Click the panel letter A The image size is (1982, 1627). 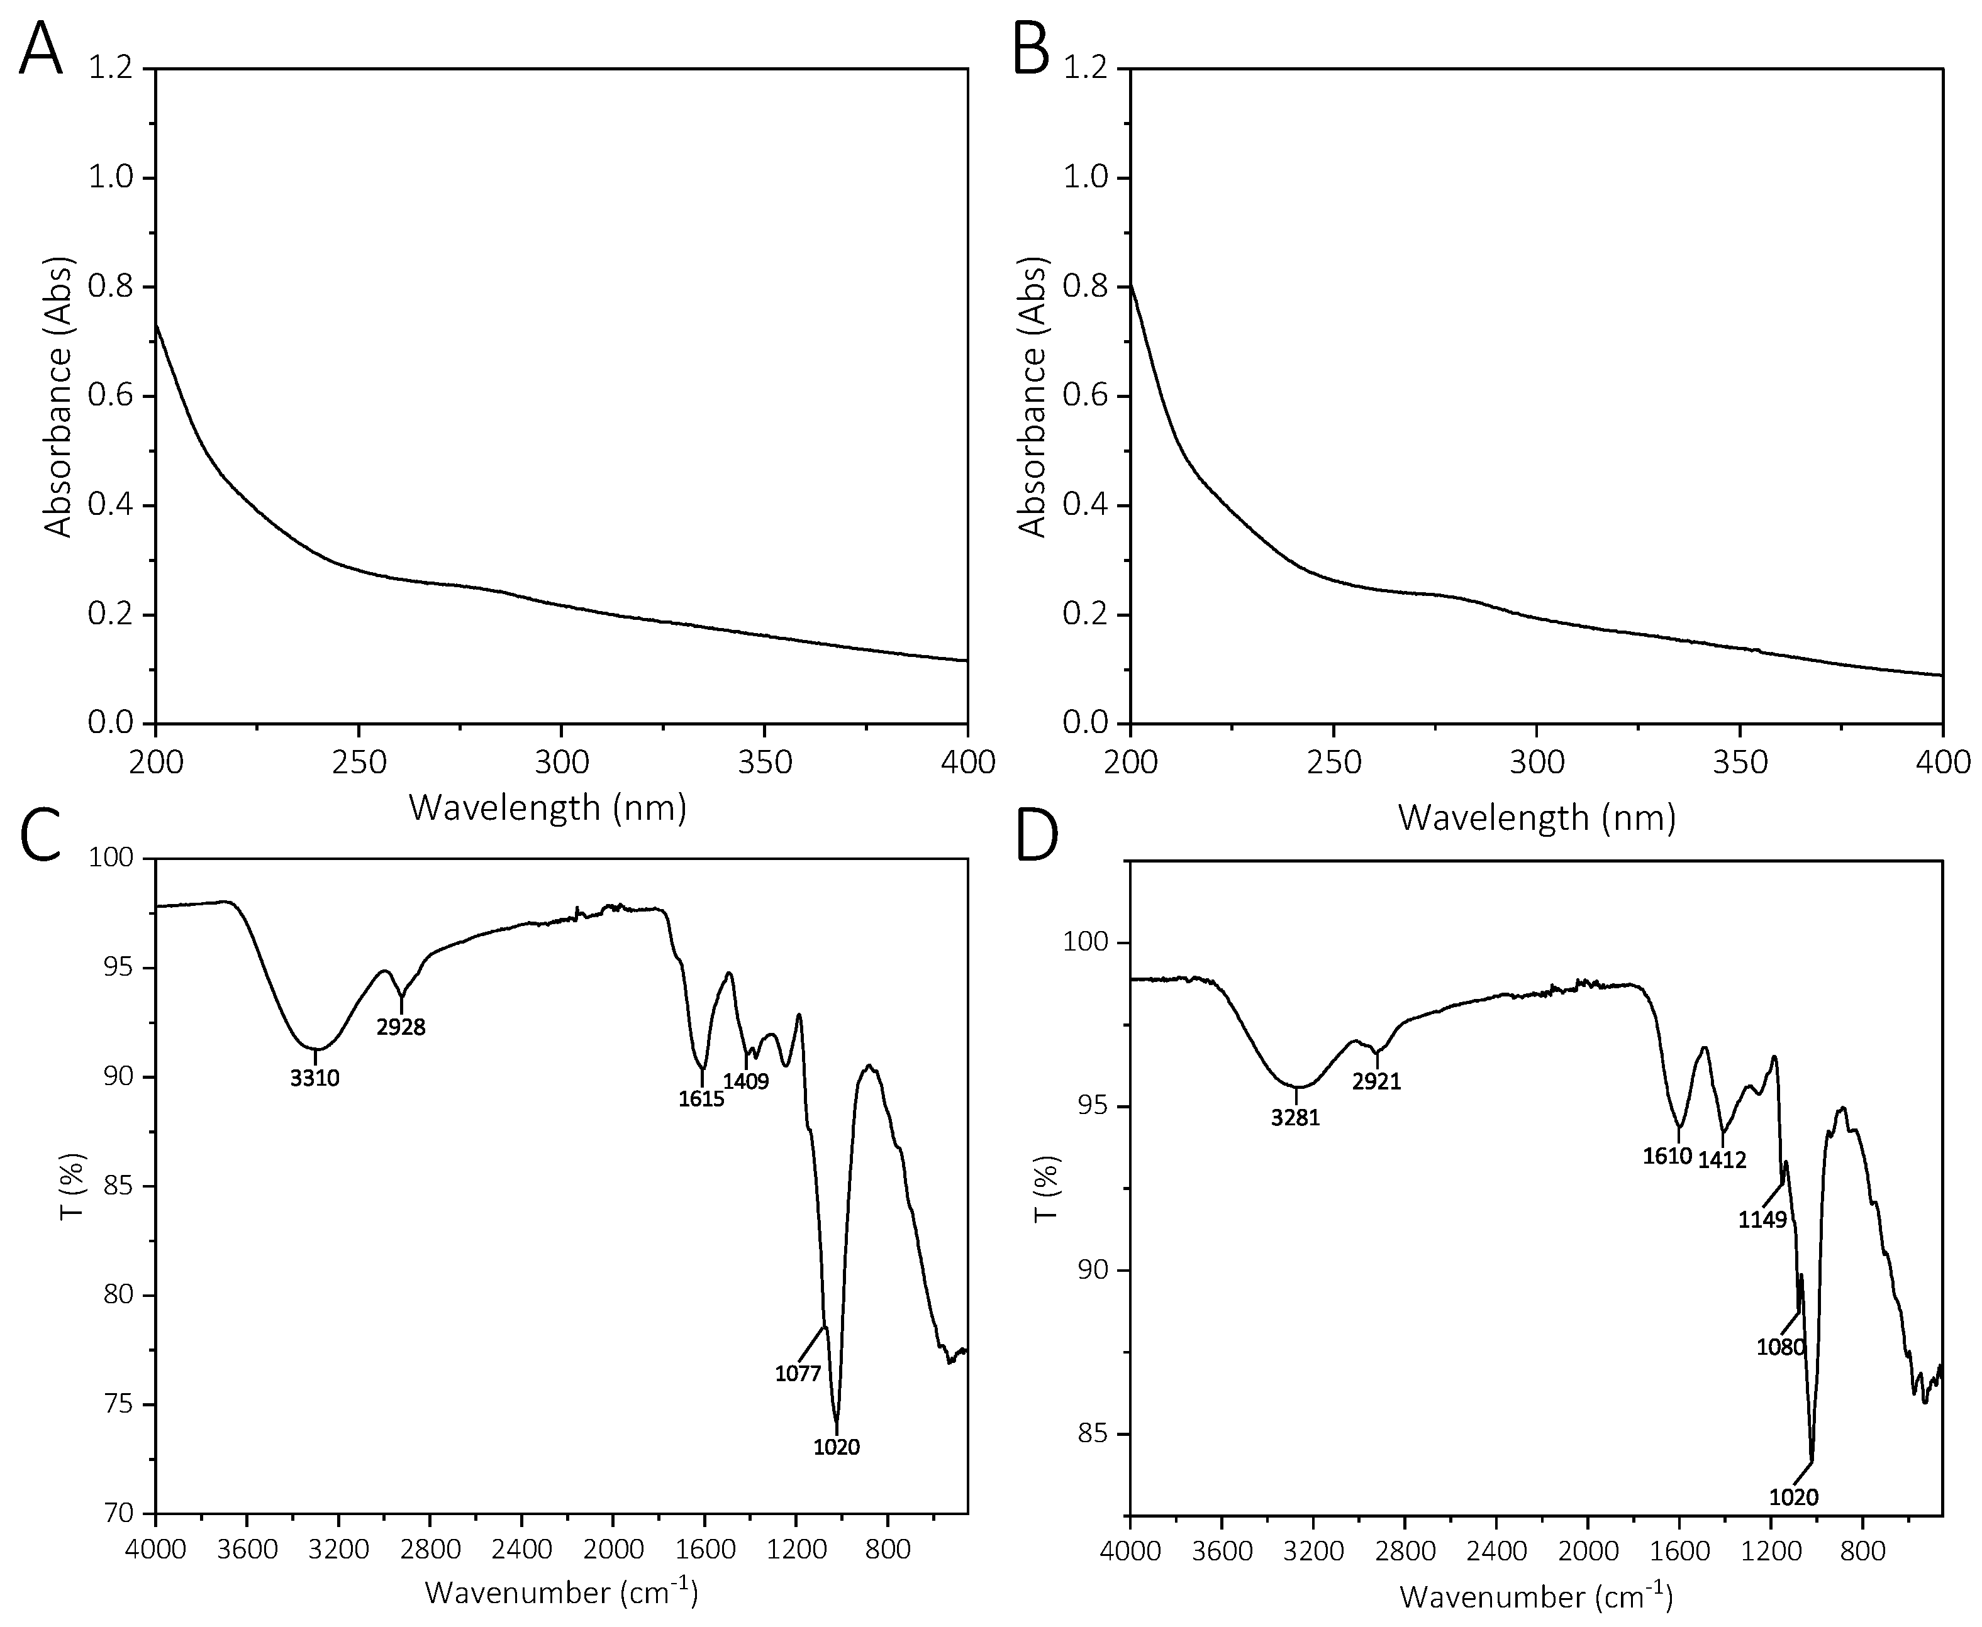[40, 49]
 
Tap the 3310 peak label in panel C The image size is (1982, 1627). [315, 1079]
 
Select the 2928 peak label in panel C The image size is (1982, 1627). [401, 1027]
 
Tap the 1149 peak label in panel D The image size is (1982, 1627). [1762, 1221]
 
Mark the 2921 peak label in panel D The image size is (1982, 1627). [1376, 1083]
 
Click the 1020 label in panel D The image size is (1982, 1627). [1793, 1497]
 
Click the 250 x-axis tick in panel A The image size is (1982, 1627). [359, 763]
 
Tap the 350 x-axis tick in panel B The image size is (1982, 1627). [1740, 763]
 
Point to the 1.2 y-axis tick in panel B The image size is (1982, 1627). [1086, 69]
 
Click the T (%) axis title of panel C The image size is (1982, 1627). [73, 1186]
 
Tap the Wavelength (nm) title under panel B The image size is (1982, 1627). [1537, 818]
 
